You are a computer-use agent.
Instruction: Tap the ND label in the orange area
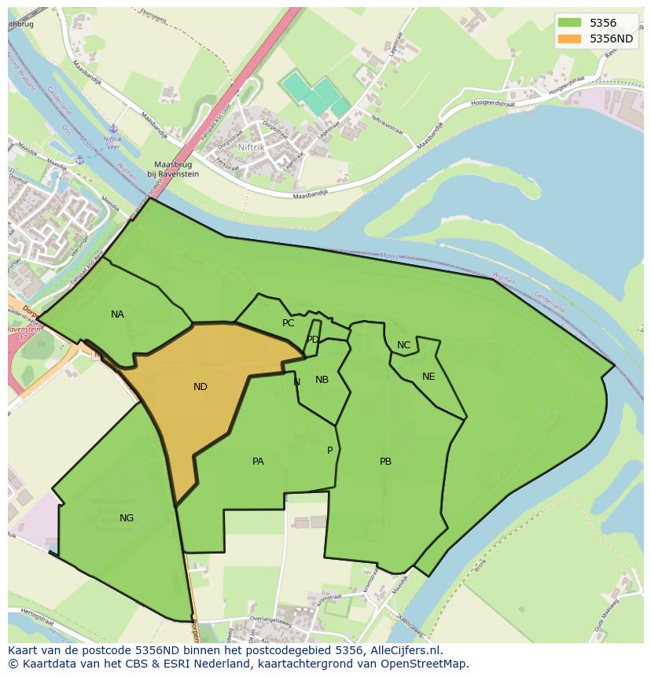click(200, 386)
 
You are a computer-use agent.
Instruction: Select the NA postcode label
click(117, 315)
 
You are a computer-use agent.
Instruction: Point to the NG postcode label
click(127, 517)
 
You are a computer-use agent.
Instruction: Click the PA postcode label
click(258, 462)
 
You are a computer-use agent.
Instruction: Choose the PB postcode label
click(385, 462)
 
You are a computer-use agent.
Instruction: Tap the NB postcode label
click(322, 380)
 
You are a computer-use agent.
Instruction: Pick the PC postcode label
click(288, 323)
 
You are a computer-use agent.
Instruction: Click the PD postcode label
click(313, 340)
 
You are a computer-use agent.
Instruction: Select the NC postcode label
click(403, 345)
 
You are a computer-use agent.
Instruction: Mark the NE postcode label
click(428, 377)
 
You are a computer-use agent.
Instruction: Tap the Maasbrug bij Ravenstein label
click(174, 170)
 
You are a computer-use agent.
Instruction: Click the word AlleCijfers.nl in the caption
click(404, 650)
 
